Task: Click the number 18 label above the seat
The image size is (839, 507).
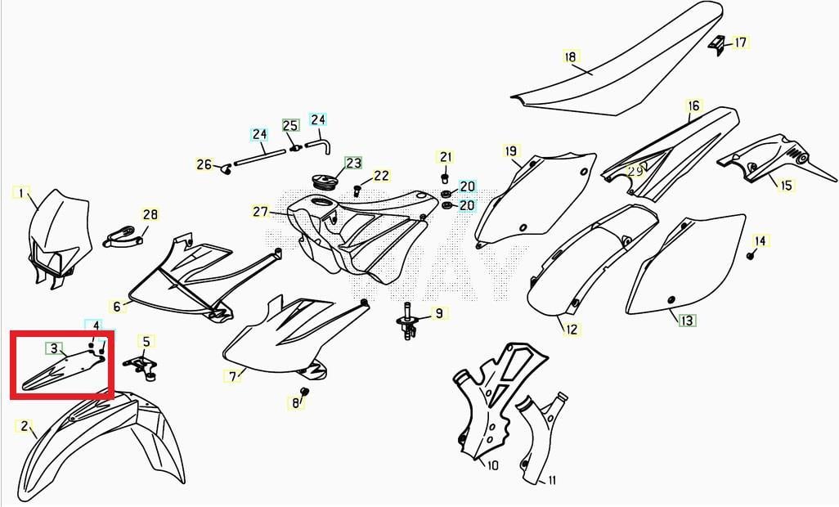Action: pos(572,56)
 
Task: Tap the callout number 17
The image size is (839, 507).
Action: pos(741,43)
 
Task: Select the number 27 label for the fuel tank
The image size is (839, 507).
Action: pos(261,212)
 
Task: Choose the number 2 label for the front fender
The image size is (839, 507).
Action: pos(24,426)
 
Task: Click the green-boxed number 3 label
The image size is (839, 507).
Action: pos(54,349)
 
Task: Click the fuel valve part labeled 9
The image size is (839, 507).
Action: pos(409,322)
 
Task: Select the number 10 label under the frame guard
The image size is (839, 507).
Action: pos(492,466)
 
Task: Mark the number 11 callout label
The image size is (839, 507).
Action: pos(552,480)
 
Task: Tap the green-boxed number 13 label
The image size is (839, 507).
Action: pos(687,321)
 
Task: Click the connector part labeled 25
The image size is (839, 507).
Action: pos(294,146)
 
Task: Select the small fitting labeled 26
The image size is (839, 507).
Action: pos(226,169)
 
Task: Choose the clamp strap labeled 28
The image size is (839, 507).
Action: pos(122,236)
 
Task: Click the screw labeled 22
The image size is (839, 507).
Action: pos(357,190)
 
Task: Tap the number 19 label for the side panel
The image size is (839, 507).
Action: pos(512,151)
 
